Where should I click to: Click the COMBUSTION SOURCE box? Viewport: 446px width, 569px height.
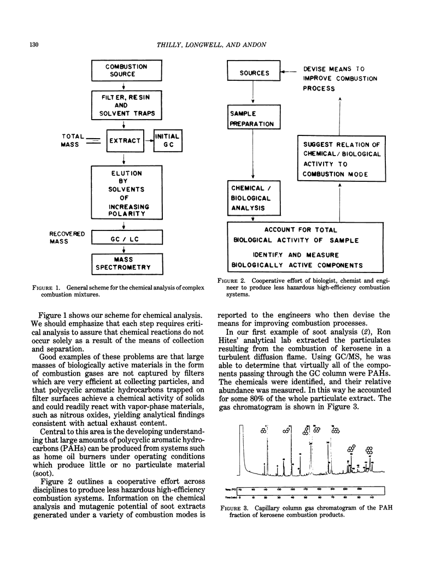pos(126,70)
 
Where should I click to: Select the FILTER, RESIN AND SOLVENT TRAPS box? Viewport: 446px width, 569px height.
pos(126,105)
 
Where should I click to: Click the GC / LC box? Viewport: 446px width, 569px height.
pos(126,238)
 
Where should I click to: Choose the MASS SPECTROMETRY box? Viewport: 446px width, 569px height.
pos(126,264)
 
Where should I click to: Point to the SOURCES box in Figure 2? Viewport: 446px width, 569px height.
pos(254,73)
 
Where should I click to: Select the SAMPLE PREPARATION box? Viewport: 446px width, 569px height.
pos(254,118)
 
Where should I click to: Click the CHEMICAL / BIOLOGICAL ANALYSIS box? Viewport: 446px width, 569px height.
pos(254,197)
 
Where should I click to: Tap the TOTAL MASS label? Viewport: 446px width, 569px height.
pos(73,140)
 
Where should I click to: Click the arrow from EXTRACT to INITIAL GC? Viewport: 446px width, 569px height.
pos(149,141)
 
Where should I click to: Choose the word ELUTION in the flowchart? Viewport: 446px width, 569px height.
pos(126,174)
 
